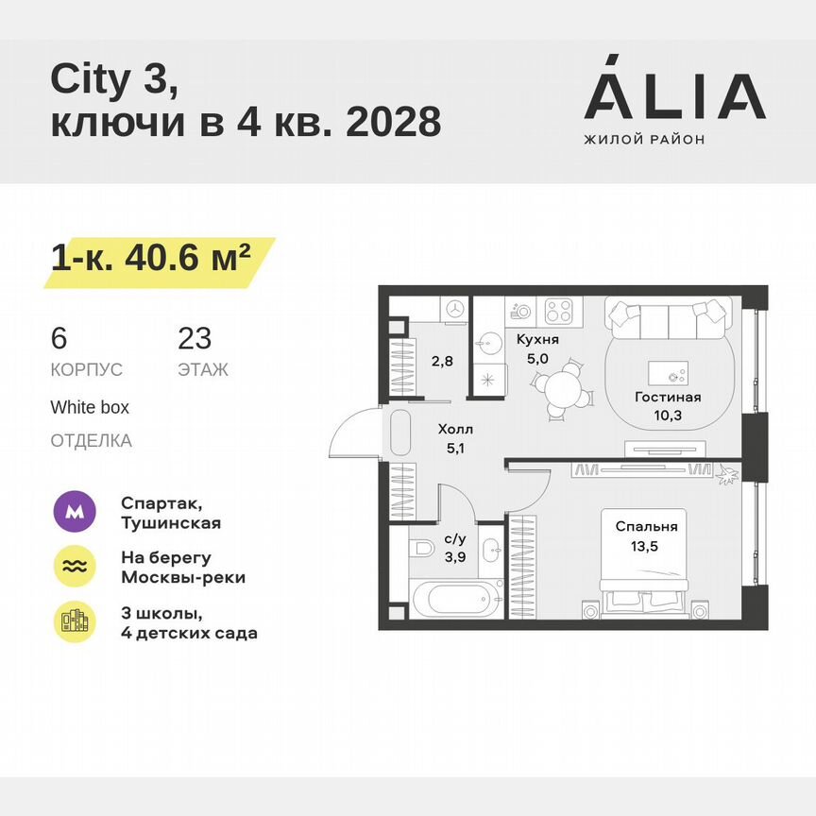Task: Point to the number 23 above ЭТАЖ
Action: pyautogui.click(x=195, y=338)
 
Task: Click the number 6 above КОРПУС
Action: pyautogui.click(x=59, y=338)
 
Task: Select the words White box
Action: pyautogui.click(x=90, y=408)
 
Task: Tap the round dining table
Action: pyautogui.click(x=564, y=386)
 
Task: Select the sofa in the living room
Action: pyautogui.click(x=668, y=320)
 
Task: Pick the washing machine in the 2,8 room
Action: pyautogui.click(x=455, y=308)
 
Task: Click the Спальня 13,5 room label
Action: pyautogui.click(x=647, y=535)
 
